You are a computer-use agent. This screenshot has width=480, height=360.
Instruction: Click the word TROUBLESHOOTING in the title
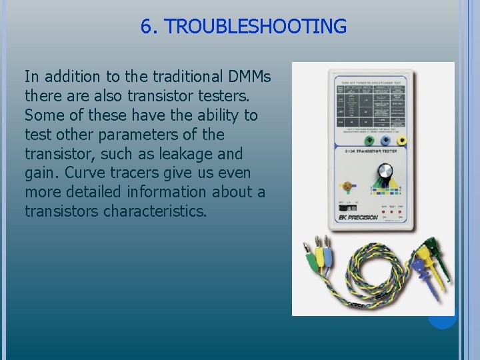click(255, 27)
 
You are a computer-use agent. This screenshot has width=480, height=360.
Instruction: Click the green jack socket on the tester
click(368, 141)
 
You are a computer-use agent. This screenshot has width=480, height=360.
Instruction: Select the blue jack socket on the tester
click(385, 141)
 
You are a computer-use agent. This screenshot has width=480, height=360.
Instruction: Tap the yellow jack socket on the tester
click(402, 141)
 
